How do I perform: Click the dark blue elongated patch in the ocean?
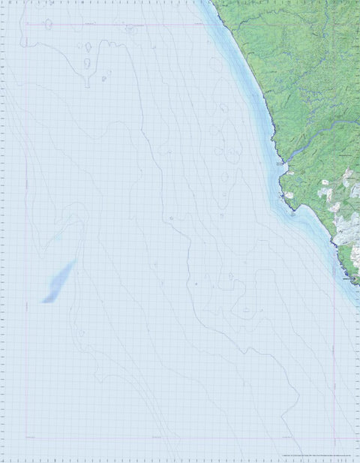(59, 282)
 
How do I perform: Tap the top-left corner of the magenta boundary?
(25, 25)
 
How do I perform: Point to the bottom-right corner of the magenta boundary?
(334, 437)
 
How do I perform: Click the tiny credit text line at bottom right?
(315, 455)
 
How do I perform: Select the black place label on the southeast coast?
(349, 278)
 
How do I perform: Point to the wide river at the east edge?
(341, 124)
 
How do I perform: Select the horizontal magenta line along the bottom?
(180, 437)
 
